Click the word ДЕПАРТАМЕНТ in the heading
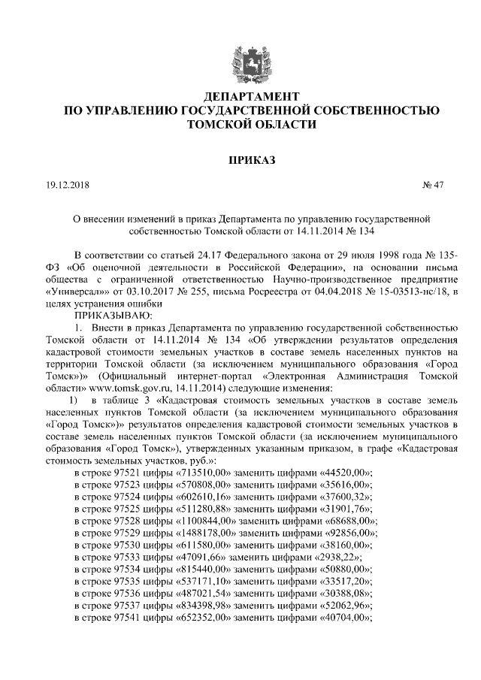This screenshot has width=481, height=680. point(240,97)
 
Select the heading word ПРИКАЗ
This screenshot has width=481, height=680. point(240,159)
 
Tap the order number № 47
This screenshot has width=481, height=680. point(434,185)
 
